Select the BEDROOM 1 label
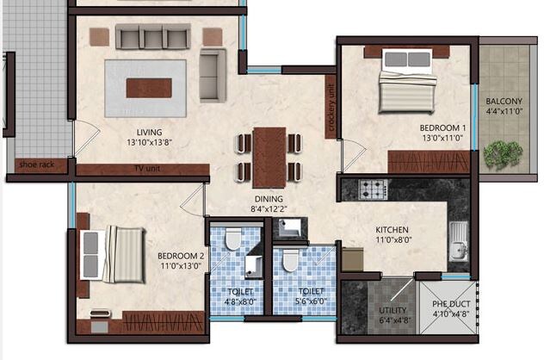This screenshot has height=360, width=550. (418, 126)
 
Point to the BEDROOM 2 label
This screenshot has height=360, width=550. (180, 256)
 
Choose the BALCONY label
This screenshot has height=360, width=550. (504, 100)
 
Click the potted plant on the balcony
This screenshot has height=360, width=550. (497, 153)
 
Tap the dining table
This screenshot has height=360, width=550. (269, 154)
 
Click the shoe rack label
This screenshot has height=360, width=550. (37, 164)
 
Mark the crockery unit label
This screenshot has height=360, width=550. (331, 107)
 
